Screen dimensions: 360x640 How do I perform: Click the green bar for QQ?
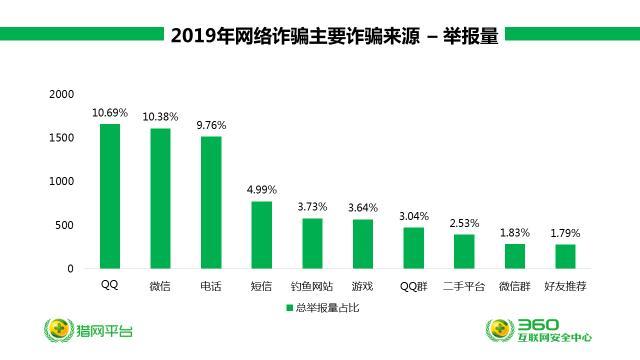click(x=109, y=196)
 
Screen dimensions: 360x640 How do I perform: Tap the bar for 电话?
click(x=211, y=202)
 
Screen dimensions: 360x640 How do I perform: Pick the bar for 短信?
click(x=261, y=235)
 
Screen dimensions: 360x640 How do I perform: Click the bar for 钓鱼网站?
click(x=312, y=243)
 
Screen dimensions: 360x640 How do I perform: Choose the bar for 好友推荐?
click(x=565, y=256)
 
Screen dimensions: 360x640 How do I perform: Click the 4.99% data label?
click(x=261, y=189)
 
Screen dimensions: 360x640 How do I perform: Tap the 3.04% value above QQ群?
click(x=413, y=215)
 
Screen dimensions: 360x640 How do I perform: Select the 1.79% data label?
click(x=565, y=233)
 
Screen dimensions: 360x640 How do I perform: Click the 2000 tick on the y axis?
click(x=62, y=94)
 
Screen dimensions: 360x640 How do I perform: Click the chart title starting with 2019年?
click(x=334, y=36)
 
